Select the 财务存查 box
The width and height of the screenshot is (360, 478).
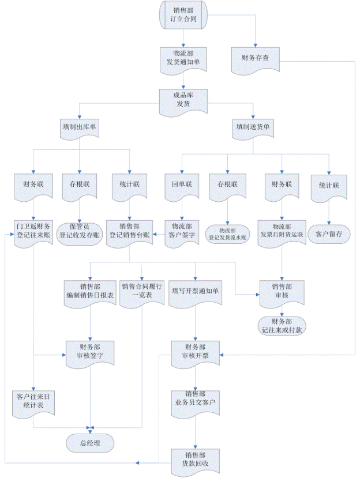coord(255,58)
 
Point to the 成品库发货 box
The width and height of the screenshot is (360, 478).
coord(182,99)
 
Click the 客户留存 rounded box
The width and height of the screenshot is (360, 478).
coord(328,235)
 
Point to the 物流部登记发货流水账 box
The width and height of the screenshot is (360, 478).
coord(228,233)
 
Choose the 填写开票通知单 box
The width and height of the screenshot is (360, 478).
coord(196,291)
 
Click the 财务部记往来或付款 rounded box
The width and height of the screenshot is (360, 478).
coord(282,326)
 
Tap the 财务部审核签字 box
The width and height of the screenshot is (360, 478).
coord(90,352)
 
